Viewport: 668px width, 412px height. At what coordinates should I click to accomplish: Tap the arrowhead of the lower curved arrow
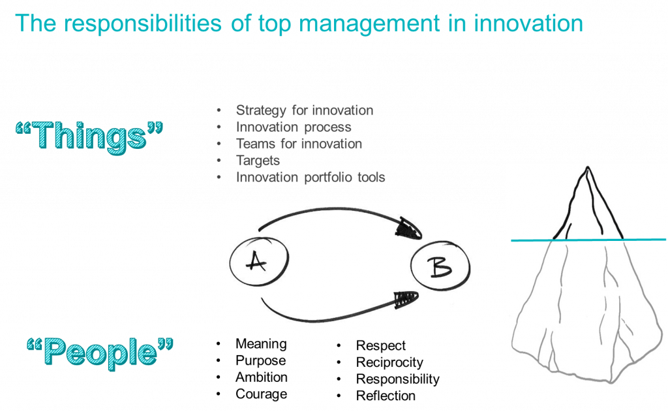[406, 299]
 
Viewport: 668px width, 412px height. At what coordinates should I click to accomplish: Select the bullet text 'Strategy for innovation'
[305, 110]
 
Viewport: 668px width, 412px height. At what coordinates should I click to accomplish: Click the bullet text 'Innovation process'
[294, 127]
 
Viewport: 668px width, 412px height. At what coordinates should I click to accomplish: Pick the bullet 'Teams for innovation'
[299, 144]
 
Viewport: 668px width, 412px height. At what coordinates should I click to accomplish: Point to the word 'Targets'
[258, 161]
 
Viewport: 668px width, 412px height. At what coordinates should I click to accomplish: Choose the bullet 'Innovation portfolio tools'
[311, 177]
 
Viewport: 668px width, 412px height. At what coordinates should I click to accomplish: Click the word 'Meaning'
[261, 343]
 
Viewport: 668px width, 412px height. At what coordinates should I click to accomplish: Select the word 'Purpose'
[261, 360]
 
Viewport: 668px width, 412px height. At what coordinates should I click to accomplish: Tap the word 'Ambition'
[262, 377]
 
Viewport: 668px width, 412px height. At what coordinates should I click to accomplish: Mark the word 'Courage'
[261, 394]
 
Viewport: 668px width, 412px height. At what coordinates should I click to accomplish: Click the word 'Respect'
[381, 345]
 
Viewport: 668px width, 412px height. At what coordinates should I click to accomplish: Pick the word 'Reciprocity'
[390, 362]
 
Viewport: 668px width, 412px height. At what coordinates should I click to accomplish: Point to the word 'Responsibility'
[398, 379]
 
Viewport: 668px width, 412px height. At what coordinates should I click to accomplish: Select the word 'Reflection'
[386, 396]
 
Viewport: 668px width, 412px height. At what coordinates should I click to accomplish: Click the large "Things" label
[89, 136]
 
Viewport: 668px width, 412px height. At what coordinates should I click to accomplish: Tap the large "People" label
[100, 353]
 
